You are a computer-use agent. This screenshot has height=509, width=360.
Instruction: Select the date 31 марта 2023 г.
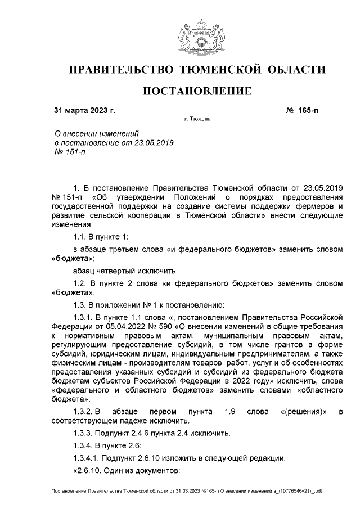84,110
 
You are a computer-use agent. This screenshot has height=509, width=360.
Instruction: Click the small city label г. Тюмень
197,120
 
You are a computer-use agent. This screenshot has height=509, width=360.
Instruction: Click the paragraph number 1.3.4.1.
90,457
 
